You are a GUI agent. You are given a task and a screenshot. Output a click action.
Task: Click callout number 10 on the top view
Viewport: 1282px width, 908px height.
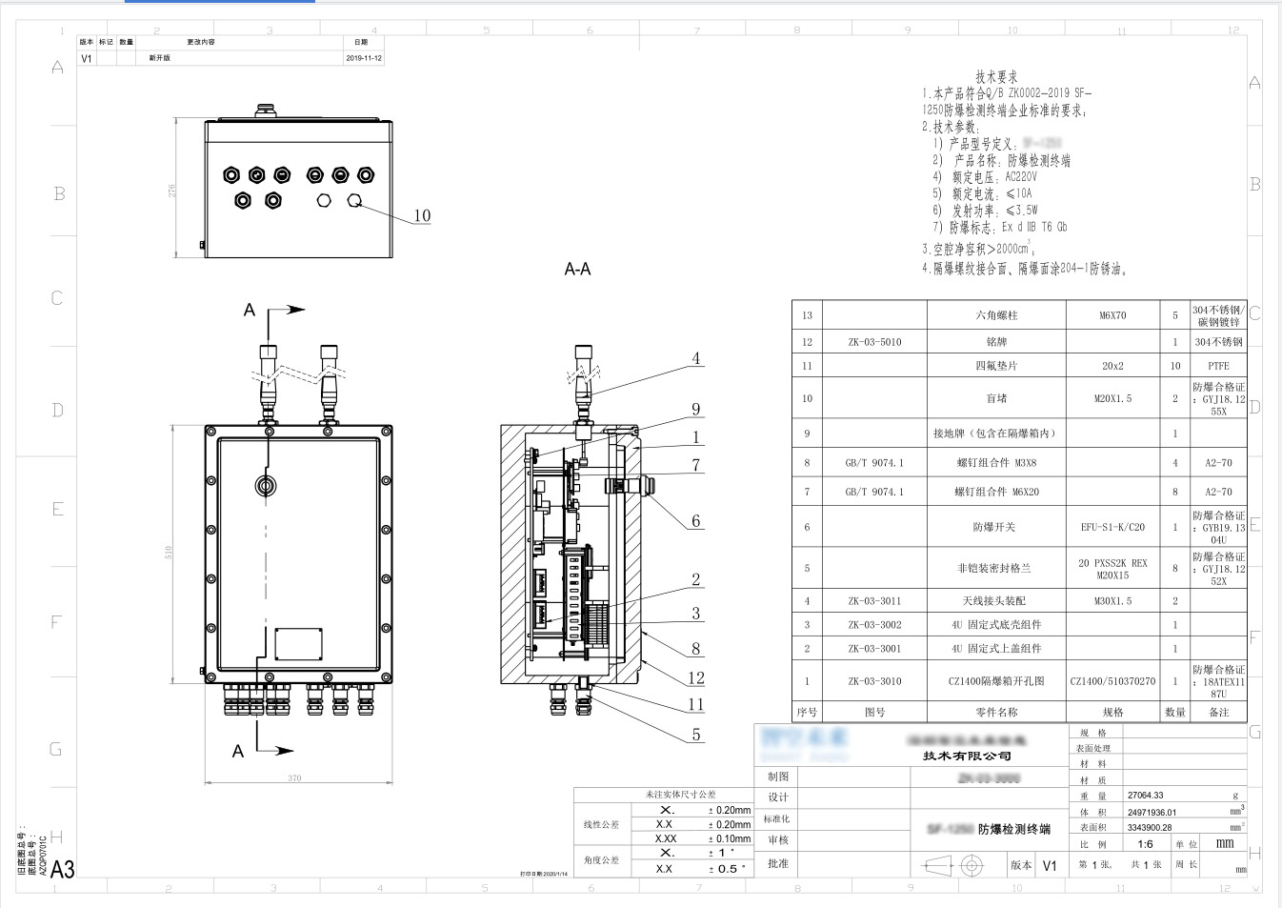click(x=422, y=216)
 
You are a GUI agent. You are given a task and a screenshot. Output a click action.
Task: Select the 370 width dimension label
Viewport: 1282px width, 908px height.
click(x=295, y=778)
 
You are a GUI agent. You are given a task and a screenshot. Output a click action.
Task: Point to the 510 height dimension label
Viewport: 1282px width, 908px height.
click(x=169, y=552)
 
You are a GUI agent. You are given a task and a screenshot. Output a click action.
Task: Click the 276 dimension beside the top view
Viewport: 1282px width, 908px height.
click(x=172, y=191)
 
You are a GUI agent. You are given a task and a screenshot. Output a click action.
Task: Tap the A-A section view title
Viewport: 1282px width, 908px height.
click(x=577, y=270)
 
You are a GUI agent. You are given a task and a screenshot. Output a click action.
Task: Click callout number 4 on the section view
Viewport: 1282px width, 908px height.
click(x=696, y=359)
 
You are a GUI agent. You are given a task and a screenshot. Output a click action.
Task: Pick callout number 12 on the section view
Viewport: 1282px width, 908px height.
click(x=696, y=678)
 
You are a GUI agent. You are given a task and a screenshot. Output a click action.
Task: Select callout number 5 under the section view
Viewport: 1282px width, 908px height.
click(x=696, y=735)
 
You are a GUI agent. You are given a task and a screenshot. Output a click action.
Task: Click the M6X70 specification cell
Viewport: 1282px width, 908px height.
click(x=1112, y=315)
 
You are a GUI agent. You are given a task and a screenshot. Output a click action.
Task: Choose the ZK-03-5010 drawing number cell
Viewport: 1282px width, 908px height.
click(x=874, y=342)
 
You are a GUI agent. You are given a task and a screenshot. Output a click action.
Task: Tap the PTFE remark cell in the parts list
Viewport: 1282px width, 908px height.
click(x=1218, y=366)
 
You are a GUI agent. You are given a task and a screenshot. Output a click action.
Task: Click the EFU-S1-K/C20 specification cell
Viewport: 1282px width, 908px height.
click(x=1112, y=527)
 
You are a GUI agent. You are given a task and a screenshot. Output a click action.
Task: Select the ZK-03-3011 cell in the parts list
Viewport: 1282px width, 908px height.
click(x=874, y=601)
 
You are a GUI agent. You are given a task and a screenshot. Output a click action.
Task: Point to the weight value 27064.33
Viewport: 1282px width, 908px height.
click(x=1146, y=795)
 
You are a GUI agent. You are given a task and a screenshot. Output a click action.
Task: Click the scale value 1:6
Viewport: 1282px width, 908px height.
click(x=1145, y=844)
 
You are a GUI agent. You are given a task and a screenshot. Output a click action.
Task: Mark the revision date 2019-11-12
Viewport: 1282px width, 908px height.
click(x=364, y=58)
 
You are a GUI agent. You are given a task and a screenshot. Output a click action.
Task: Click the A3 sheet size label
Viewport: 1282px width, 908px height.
click(x=62, y=869)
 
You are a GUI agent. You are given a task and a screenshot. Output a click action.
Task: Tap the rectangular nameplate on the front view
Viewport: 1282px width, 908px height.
click(x=298, y=644)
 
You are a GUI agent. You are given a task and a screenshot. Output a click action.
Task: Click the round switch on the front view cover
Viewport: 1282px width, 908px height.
click(x=266, y=486)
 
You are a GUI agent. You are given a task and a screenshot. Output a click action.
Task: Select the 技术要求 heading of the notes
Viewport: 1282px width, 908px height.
click(x=996, y=76)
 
